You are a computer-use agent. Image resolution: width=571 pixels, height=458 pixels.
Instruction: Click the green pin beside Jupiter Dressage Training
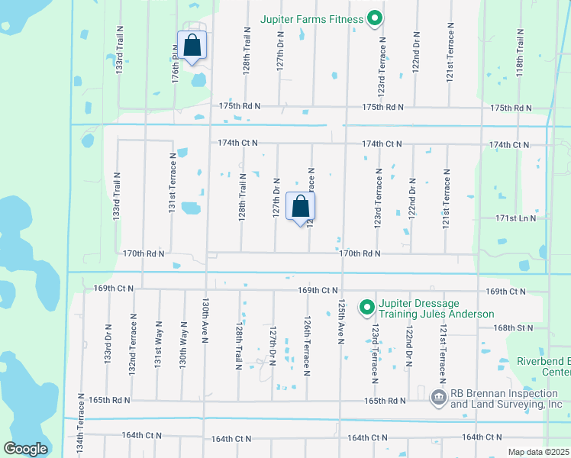click(366, 308)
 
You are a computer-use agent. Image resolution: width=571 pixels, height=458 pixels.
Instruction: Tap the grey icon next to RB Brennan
click(438, 396)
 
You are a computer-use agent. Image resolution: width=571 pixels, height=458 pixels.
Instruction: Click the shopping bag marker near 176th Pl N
click(192, 46)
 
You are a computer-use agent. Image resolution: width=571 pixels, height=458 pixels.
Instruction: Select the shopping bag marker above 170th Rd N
click(300, 206)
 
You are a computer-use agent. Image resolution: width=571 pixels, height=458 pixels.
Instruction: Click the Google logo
click(26, 449)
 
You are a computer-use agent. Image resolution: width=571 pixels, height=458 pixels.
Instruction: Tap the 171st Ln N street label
click(515, 218)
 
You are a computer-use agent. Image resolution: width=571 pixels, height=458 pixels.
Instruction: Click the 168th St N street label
click(513, 327)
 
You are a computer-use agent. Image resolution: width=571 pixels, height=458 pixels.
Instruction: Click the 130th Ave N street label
click(205, 321)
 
